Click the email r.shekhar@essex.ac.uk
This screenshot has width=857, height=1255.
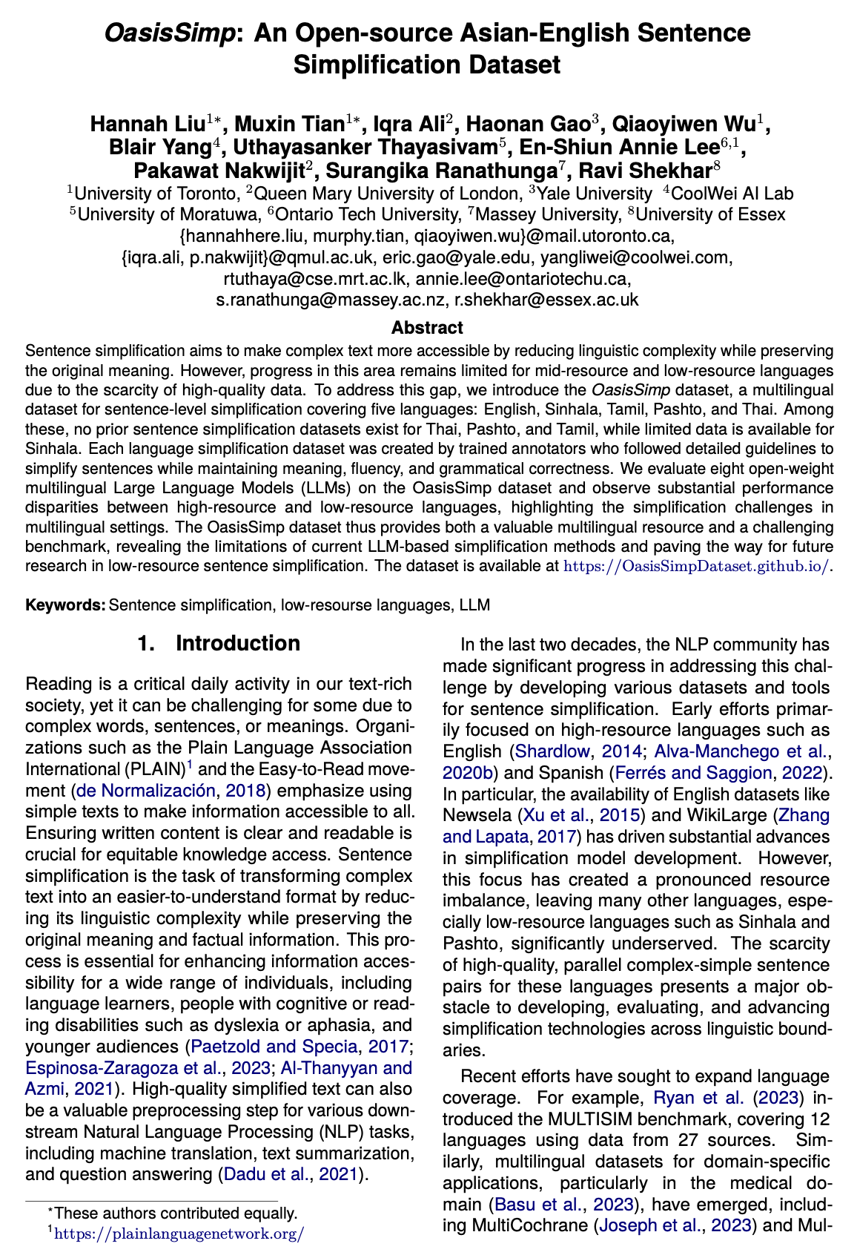click(546, 300)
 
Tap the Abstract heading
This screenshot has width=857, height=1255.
click(427, 327)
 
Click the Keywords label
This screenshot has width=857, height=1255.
click(65, 605)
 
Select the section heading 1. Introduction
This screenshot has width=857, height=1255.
click(219, 643)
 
